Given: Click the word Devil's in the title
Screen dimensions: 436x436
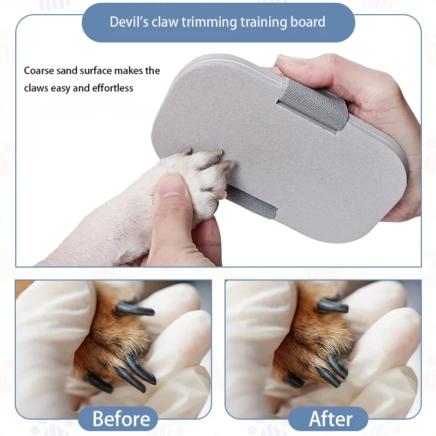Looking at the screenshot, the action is coord(129,22).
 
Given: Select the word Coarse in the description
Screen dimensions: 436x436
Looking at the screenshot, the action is coord(39,71).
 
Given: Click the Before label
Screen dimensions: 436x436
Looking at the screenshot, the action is coord(121,419).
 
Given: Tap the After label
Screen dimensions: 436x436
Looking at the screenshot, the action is coord(331,419).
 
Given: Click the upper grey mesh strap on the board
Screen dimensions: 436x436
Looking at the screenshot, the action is coord(313,104).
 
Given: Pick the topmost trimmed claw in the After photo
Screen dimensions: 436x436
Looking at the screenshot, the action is coord(333,306).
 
